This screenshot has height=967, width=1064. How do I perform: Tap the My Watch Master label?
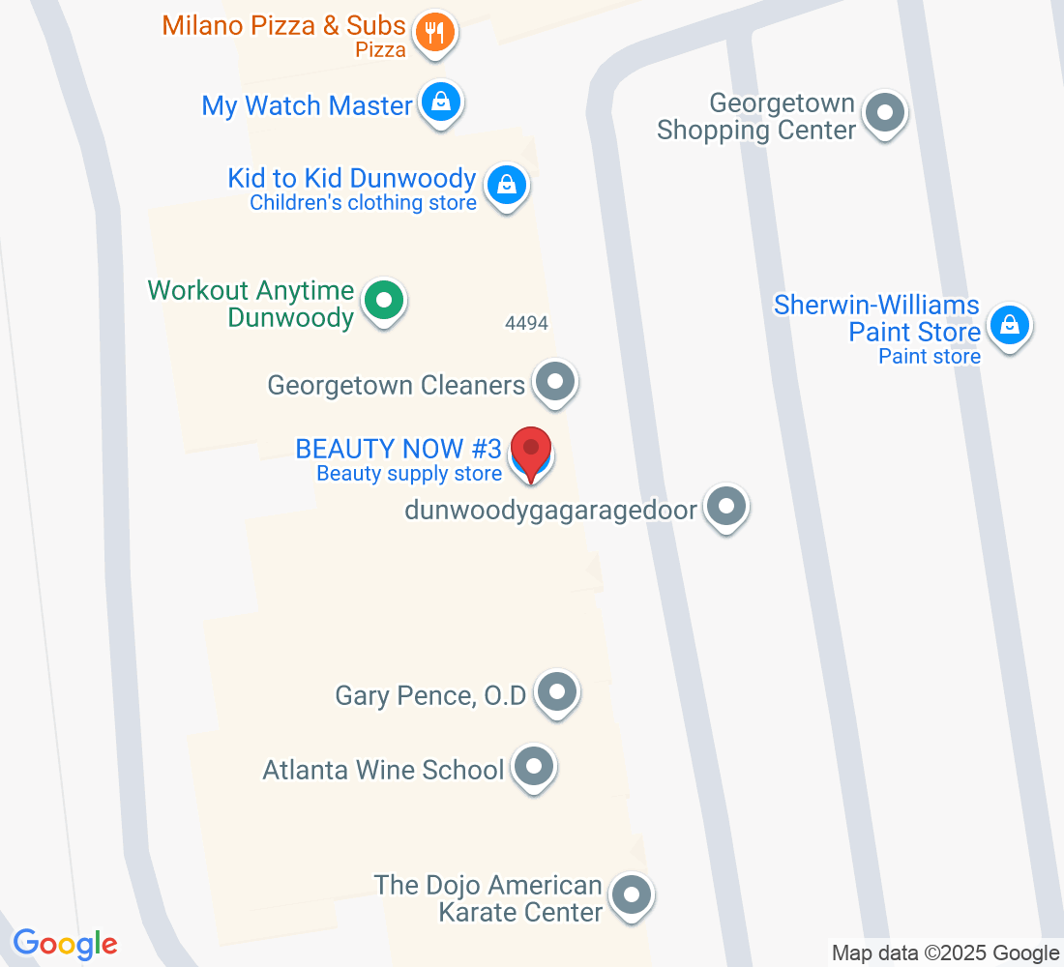tap(307, 105)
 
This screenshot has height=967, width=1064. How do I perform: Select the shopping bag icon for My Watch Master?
tap(441, 101)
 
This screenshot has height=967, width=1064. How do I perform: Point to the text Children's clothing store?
tap(363, 203)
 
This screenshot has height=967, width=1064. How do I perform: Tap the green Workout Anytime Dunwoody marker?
tap(384, 300)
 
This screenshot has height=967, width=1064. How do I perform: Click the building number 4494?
tap(526, 324)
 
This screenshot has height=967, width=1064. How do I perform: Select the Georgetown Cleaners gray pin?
tap(555, 381)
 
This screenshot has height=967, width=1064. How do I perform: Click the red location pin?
tap(531, 450)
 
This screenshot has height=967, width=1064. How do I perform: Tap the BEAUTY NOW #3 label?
tap(399, 449)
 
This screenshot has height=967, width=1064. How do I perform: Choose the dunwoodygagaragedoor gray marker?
tap(726, 505)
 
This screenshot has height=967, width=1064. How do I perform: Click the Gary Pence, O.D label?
tap(430, 695)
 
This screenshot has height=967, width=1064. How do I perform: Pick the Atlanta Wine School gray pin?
tap(533, 767)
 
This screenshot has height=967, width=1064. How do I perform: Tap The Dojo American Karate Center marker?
tap(633, 894)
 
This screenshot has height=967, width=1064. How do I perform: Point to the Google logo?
tap(65, 944)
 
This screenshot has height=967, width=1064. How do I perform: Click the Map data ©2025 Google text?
tap(945, 952)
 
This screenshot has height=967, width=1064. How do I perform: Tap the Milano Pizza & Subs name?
tap(284, 25)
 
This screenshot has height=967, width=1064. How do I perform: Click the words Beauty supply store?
tap(409, 474)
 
